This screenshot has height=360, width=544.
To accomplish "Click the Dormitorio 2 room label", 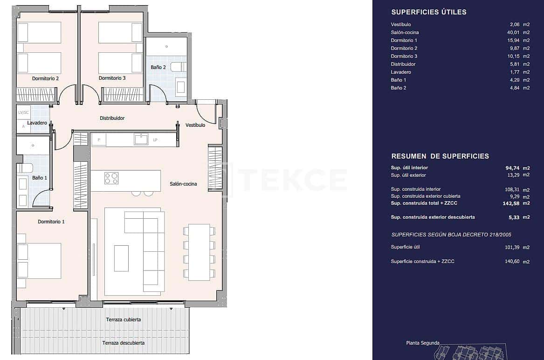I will point(45,78).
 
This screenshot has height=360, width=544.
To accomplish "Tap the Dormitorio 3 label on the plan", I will point(112,78).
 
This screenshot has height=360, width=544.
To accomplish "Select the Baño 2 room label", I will point(158,67).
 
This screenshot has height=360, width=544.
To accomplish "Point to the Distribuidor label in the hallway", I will point(112,118).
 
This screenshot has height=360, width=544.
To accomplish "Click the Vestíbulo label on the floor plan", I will point(195,125).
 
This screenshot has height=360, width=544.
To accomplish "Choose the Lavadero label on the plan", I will point(37,123).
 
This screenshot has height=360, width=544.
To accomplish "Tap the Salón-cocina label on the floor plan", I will point(183,184).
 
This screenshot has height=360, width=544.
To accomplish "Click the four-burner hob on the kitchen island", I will point(111,178).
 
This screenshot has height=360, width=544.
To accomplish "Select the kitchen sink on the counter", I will point(141,139).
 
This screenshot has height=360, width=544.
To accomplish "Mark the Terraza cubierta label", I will point(123,319).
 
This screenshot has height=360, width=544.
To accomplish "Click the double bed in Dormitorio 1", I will point(40,261).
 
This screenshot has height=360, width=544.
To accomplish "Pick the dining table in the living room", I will point(199,252).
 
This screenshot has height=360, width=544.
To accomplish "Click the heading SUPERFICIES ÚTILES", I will point(428,12).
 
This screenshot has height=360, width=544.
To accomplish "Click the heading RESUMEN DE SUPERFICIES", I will point(440,156).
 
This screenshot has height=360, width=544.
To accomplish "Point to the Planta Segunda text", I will point(422,343).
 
